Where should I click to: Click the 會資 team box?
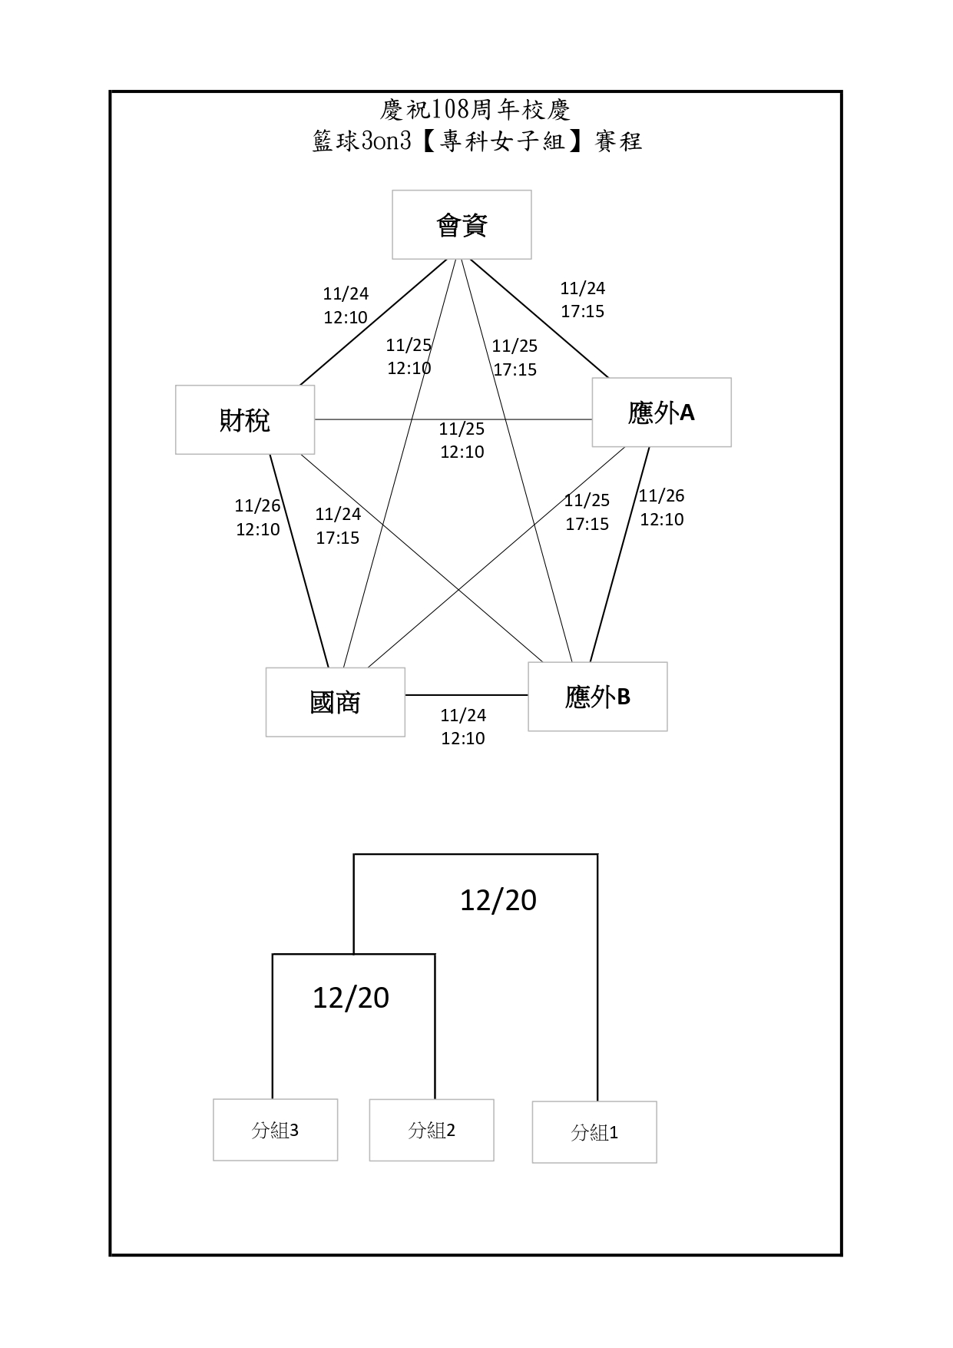[x=462, y=225]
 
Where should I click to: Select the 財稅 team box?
[x=245, y=420]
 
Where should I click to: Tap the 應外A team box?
[x=661, y=412]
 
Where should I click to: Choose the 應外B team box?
[x=597, y=697]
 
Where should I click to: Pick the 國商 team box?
[x=336, y=702]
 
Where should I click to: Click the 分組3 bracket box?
[x=275, y=1130]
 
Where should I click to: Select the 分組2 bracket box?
[x=432, y=1130]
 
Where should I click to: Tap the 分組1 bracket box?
[x=594, y=1132]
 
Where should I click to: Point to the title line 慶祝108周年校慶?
[x=475, y=110]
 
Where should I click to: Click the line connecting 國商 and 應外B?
[x=466, y=695]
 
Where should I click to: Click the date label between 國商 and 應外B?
[x=463, y=727]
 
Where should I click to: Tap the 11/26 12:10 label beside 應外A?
[x=661, y=508]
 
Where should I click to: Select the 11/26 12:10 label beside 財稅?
[x=258, y=518]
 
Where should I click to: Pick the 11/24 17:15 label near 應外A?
[x=582, y=300]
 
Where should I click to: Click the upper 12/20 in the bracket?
[x=498, y=900]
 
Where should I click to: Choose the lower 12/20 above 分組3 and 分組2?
[x=351, y=997]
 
